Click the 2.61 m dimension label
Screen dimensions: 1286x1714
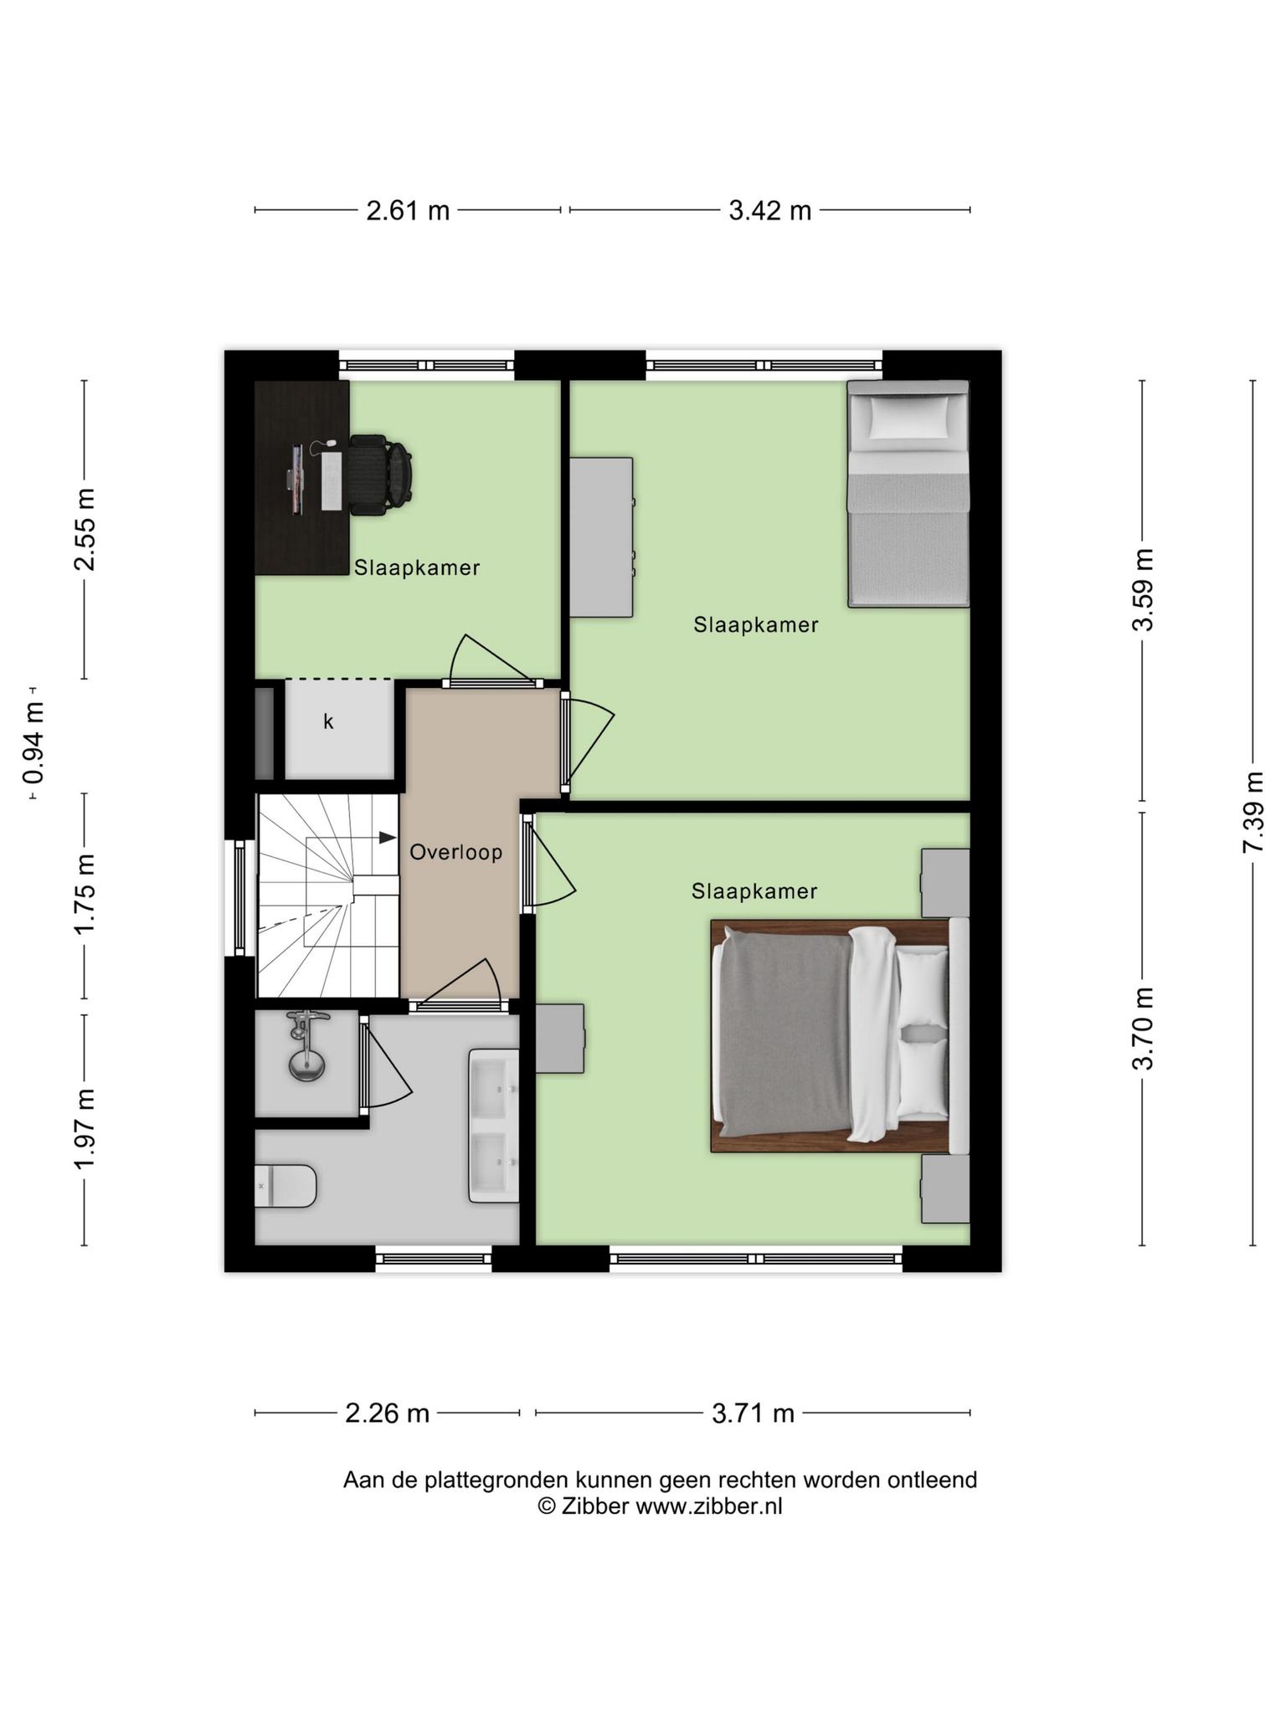(408, 210)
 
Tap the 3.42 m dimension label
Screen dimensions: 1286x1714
(769, 210)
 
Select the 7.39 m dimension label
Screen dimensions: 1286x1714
(1253, 813)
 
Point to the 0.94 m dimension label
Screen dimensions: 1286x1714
(33, 742)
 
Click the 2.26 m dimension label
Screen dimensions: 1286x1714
(387, 1414)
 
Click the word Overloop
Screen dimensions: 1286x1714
(456, 852)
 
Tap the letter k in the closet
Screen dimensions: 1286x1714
(328, 721)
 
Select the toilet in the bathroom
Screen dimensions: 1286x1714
(285, 1185)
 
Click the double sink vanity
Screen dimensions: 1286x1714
(494, 1126)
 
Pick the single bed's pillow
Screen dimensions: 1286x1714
(909, 417)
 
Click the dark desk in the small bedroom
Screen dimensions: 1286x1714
(302, 478)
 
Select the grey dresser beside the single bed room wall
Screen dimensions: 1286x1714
(601, 537)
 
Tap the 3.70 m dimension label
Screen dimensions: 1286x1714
(1143, 1028)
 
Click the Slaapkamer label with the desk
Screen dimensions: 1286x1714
(417, 567)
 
